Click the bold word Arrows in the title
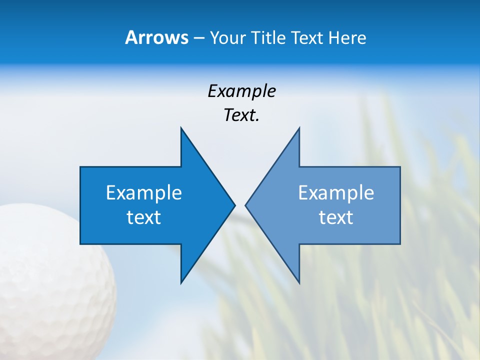(x=156, y=37)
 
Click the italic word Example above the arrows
(x=241, y=91)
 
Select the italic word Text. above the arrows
(x=241, y=115)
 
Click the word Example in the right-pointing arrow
(x=144, y=193)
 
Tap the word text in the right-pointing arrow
(x=144, y=217)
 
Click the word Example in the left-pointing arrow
(x=336, y=193)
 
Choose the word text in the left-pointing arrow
(x=336, y=217)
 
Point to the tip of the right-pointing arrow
(x=234, y=205)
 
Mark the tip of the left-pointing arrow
(x=246, y=205)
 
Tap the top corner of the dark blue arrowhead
(x=181, y=128)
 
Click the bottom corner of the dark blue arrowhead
(x=181, y=282)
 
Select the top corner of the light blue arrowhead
(x=298, y=128)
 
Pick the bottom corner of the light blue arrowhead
(x=298, y=282)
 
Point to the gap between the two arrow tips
(x=240, y=205)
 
